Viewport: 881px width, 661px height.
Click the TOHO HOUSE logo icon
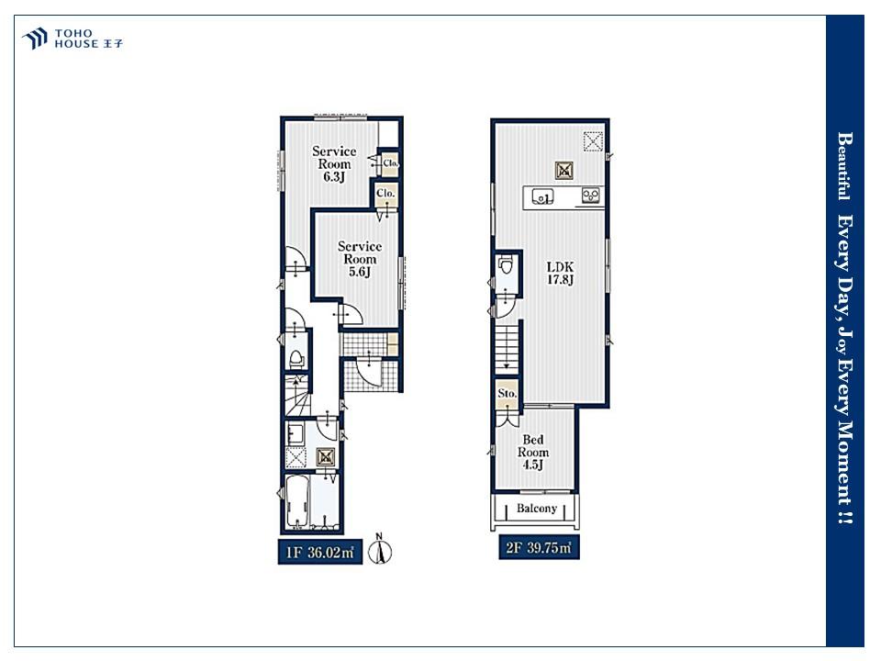35,39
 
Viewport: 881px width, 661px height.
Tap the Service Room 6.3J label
334,164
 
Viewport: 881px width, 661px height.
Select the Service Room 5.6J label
360,259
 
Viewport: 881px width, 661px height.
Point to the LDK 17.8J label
560,274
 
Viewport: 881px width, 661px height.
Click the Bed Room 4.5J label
532,452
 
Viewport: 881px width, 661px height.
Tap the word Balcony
537,508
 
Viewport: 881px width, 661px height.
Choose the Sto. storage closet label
507,394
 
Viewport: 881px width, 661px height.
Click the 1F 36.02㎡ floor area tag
320,552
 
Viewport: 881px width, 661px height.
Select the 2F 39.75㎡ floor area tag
539,547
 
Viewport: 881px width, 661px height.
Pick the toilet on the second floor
507,264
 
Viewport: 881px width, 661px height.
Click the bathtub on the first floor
296,502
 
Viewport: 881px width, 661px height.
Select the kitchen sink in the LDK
542,197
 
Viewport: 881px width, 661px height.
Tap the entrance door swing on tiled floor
369,372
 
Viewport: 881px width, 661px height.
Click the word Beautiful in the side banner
843,166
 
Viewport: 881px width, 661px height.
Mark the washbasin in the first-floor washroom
296,435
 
